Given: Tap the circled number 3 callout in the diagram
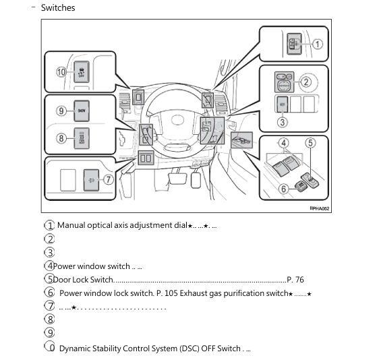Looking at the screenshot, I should coord(283,122).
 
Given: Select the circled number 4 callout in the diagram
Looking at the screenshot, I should coord(283,142).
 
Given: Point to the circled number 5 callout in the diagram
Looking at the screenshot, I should coord(310,142).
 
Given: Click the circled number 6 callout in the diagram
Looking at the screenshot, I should coord(283,189).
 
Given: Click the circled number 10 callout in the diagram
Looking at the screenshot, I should coord(61,71).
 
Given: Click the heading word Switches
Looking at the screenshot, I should coord(58,8).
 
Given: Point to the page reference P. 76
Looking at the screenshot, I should coord(295,279).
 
